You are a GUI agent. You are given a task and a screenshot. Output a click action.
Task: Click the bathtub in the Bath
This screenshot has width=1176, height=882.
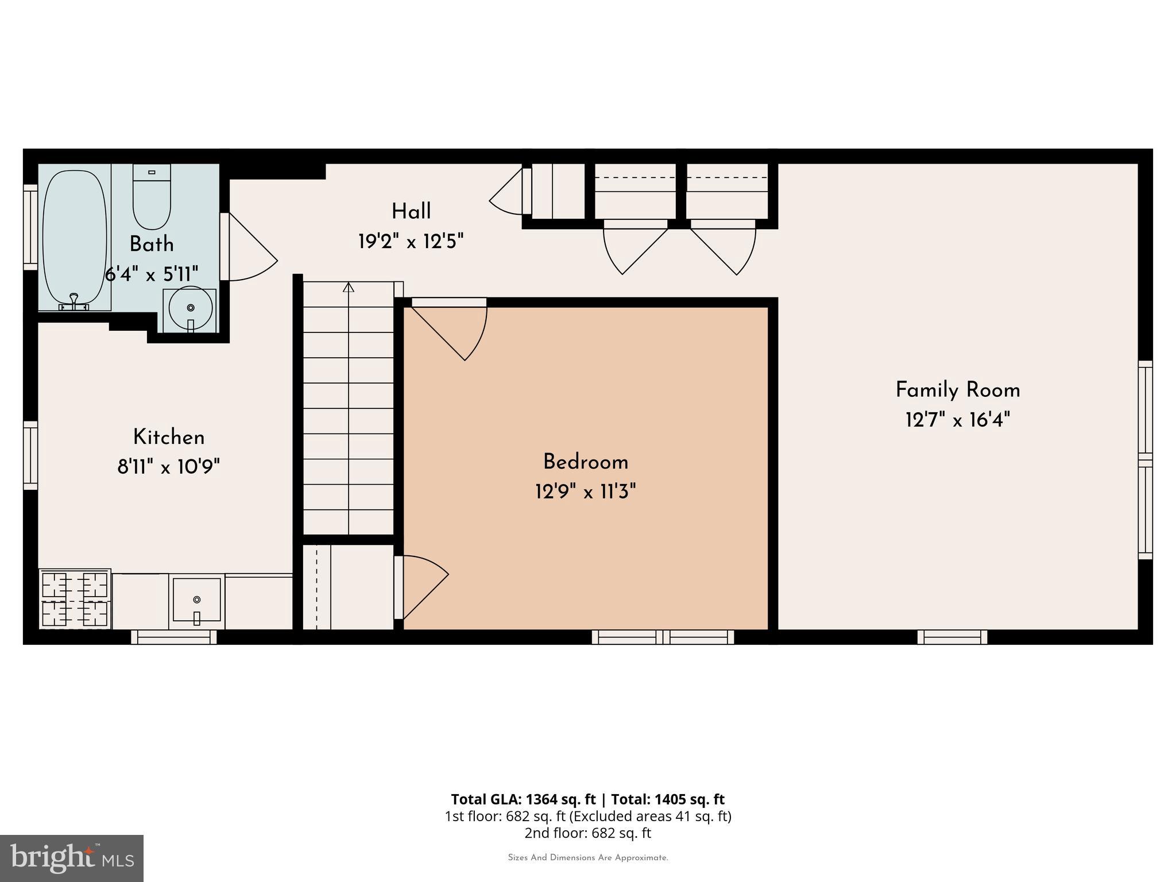click(x=75, y=237)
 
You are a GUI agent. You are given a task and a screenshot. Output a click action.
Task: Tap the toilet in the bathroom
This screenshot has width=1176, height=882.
click(x=152, y=197)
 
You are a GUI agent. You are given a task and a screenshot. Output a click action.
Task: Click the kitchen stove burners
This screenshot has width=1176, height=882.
click(x=75, y=599)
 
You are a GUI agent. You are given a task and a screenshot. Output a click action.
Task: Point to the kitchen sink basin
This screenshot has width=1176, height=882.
click(x=197, y=600)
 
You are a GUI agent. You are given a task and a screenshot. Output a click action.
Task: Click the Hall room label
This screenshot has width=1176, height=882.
click(x=411, y=211)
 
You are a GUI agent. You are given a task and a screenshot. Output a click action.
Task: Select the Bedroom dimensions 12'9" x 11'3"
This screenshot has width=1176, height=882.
click(x=586, y=492)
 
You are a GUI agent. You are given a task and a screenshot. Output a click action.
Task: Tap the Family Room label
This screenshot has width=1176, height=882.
click(x=958, y=390)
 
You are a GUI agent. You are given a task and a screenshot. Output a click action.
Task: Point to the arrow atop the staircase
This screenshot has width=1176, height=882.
click(x=348, y=287)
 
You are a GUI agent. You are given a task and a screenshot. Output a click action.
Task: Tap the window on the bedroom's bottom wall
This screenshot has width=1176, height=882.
click(x=663, y=637)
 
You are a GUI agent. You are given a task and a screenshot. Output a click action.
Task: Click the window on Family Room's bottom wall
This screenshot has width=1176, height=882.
click(x=952, y=637)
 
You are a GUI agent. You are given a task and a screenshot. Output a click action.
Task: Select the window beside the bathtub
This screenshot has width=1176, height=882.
click(x=30, y=227)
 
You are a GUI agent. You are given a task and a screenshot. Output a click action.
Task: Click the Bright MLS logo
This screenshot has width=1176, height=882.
click(x=72, y=858)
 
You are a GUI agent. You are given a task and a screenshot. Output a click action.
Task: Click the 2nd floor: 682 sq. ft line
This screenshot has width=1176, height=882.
click(x=587, y=833)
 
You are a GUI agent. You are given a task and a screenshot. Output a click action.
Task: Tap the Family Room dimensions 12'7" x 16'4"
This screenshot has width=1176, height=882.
click(x=958, y=420)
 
